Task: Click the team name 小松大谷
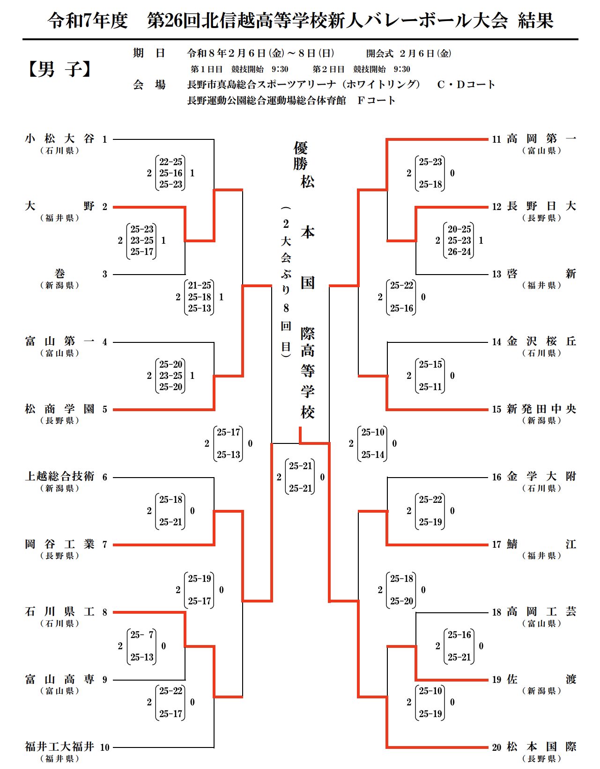[x=59, y=139]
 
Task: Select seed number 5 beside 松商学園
[x=104, y=410]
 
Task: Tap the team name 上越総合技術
[x=59, y=477]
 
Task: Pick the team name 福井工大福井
[x=59, y=747]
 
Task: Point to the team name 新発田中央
[x=541, y=409]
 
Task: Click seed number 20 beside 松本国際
[x=496, y=747]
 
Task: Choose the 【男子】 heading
[x=59, y=70]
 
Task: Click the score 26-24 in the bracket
[x=459, y=252]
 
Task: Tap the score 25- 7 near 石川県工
[x=142, y=635]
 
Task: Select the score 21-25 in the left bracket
[x=200, y=285]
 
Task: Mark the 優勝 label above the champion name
[x=300, y=156]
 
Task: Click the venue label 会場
[x=149, y=85]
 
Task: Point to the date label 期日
[x=149, y=53]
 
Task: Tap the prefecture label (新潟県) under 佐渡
[x=541, y=691]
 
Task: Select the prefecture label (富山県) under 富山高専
[x=59, y=691]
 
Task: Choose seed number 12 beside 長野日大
[x=496, y=207]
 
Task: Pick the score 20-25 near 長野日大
[x=459, y=229]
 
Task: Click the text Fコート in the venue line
[x=376, y=101]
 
